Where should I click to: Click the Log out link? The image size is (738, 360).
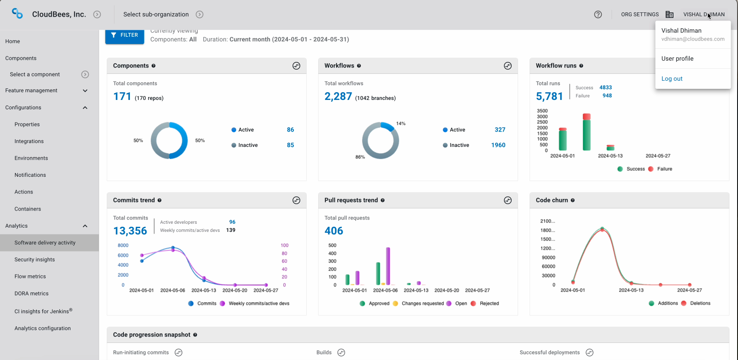(x=672, y=79)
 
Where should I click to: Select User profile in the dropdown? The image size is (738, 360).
(x=677, y=59)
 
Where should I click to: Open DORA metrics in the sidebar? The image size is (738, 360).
(x=32, y=293)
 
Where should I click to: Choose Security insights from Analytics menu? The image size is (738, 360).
(x=35, y=260)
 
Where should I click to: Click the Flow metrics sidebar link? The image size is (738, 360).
(x=30, y=276)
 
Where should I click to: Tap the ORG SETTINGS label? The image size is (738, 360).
(x=640, y=15)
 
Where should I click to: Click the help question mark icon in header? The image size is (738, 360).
(x=598, y=15)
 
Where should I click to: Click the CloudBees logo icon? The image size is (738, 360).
(x=18, y=14)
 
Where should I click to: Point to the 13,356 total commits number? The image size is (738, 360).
(x=130, y=231)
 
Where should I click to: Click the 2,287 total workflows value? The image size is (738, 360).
(x=338, y=97)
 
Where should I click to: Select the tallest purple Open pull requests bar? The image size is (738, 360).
(x=388, y=266)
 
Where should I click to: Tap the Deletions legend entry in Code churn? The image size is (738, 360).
(x=700, y=303)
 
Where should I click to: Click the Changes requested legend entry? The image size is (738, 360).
(x=422, y=304)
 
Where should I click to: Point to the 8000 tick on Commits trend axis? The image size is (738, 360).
(x=123, y=246)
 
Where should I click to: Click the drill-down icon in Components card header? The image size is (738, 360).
(x=296, y=66)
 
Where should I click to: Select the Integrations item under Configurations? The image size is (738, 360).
(x=29, y=141)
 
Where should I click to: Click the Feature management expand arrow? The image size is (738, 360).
(x=85, y=91)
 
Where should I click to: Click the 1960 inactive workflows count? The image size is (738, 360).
(x=498, y=145)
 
